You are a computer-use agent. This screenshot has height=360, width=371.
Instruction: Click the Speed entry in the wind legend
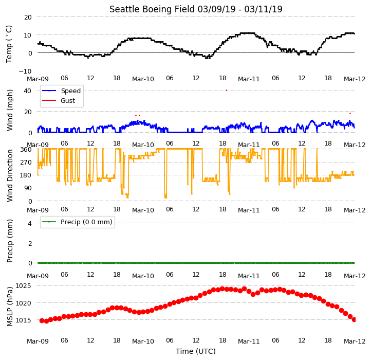point(71,91)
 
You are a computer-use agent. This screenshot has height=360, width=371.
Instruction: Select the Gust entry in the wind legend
point(68,100)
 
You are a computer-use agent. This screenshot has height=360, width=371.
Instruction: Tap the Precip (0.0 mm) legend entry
point(86,222)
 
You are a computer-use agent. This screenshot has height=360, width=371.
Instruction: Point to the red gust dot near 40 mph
point(227,90)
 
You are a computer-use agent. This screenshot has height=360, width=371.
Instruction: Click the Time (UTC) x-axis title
point(196,351)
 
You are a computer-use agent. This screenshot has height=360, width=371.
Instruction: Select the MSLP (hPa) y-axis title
point(10,307)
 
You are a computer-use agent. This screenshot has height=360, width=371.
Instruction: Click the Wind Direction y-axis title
point(10,176)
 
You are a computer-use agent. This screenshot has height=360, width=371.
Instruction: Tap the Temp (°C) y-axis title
point(9,44)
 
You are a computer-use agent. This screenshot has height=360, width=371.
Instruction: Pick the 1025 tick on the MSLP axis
point(24,286)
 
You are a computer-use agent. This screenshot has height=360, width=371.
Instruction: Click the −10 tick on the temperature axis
point(25,71)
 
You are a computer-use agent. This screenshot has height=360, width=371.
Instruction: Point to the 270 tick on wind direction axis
point(26,163)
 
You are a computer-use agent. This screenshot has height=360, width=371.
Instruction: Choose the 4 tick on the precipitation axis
point(30,223)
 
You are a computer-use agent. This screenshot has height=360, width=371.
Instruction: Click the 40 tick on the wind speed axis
point(27,91)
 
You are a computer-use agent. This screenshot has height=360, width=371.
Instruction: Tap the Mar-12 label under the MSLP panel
point(355,341)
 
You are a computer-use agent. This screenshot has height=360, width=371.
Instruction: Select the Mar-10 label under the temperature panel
point(143,79)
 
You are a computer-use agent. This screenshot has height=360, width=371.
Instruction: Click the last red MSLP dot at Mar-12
point(354,320)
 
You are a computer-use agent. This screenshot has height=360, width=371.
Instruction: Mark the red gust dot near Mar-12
point(350,114)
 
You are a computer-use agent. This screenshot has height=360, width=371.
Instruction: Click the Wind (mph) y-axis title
point(10,110)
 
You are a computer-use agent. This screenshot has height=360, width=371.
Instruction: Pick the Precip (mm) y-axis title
point(10,241)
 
